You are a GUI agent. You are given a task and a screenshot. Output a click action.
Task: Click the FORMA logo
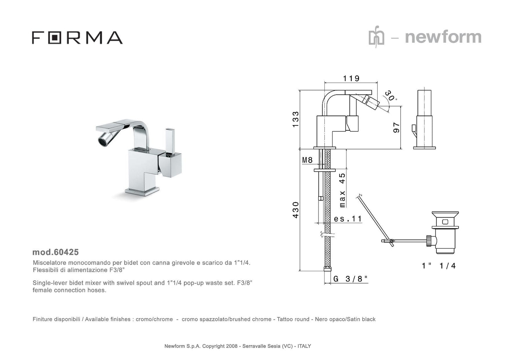coord(77,38)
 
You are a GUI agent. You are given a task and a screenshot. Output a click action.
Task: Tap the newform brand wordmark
coord(443,37)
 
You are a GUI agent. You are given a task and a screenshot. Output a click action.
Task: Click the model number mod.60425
coord(55,252)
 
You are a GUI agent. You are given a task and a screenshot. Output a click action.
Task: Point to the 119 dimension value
coord(351,79)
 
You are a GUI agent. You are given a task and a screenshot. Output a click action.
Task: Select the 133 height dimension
coord(296,119)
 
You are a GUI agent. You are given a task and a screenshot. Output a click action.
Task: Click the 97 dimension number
coord(396,128)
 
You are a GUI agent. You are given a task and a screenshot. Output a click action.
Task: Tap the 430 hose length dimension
coord(296,210)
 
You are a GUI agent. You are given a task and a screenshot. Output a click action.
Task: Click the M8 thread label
coord(307,160)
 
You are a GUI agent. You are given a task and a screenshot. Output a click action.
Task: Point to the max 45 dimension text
coord(342,190)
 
